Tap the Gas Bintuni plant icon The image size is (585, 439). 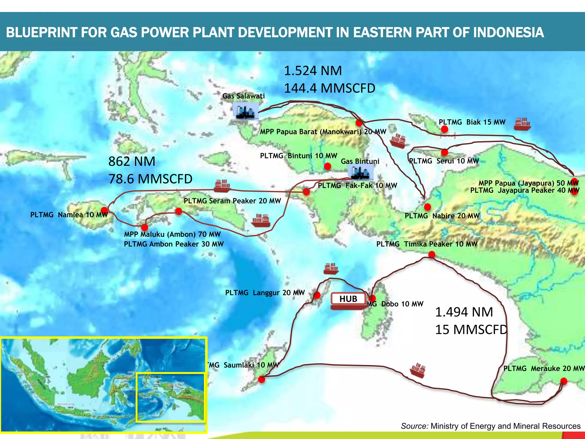[x=360, y=173]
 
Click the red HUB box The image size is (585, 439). [x=348, y=299]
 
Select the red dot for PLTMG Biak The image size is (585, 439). [x=444, y=129]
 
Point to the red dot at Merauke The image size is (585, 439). [x=564, y=381]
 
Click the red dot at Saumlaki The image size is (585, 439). [x=261, y=379]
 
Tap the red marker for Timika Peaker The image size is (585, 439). [x=432, y=254]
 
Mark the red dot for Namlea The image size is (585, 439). [x=105, y=211]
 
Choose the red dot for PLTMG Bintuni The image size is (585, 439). [x=328, y=166]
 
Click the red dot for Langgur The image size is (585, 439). [x=317, y=295]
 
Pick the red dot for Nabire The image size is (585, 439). [x=427, y=207]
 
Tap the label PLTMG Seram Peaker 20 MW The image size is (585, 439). [x=232, y=201]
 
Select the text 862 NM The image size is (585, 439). [x=132, y=161]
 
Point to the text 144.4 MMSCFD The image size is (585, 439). [x=329, y=88]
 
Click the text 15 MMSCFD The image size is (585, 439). [x=471, y=330]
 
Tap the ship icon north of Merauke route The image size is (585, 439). [x=418, y=370]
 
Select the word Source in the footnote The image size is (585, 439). [x=414, y=426]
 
